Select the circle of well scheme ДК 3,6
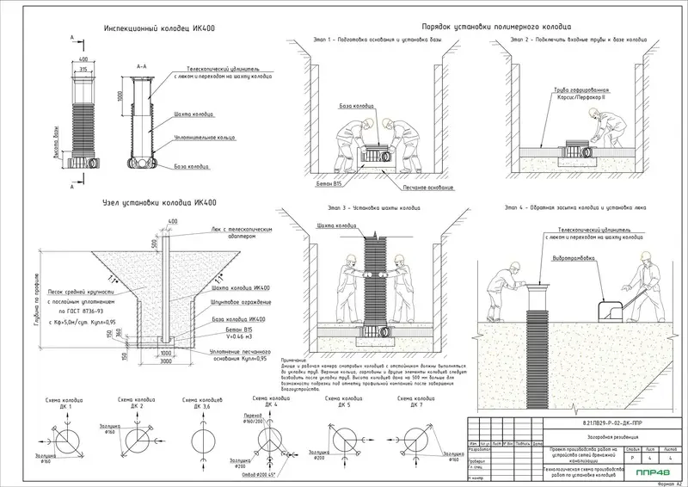tap(200, 439)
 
